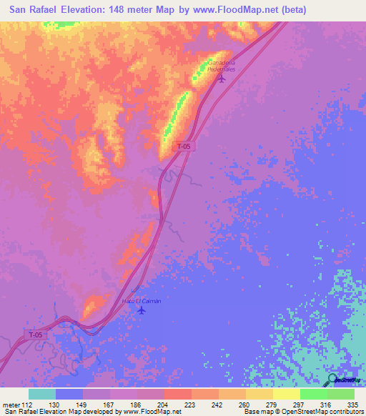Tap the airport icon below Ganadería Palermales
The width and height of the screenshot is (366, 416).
[221, 78]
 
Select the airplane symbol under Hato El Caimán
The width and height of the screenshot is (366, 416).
[142, 311]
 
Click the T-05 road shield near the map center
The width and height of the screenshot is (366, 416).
[184, 146]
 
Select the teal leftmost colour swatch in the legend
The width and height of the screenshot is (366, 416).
[42, 394]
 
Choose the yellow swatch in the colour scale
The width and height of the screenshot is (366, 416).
[286, 394]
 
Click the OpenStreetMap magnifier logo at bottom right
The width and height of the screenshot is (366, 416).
[333, 380]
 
